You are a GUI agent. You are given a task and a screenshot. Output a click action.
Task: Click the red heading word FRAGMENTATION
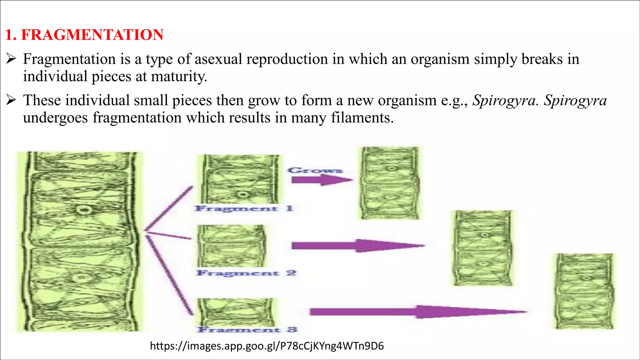[92, 35]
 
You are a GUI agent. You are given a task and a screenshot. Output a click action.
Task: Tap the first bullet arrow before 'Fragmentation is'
[11, 58]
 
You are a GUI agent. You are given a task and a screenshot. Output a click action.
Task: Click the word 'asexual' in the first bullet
[218, 59]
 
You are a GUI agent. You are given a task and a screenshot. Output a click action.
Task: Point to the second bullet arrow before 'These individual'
[11, 100]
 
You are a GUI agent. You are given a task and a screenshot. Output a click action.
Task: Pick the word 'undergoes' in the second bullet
[55, 118]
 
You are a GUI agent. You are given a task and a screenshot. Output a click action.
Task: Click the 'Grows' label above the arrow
[315, 170]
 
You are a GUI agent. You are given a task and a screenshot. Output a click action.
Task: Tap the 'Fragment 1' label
[244, 208]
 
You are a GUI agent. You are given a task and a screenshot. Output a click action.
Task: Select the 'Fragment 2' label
[246, 273]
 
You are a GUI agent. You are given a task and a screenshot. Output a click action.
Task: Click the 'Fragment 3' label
[247, 330]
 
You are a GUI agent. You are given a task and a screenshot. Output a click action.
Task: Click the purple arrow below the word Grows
[322, 180]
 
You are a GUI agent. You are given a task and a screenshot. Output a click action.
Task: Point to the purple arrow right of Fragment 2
[358, 246]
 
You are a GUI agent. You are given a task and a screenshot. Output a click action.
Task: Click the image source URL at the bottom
[267, 346]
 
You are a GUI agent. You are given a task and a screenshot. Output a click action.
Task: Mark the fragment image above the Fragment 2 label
[232, 246]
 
